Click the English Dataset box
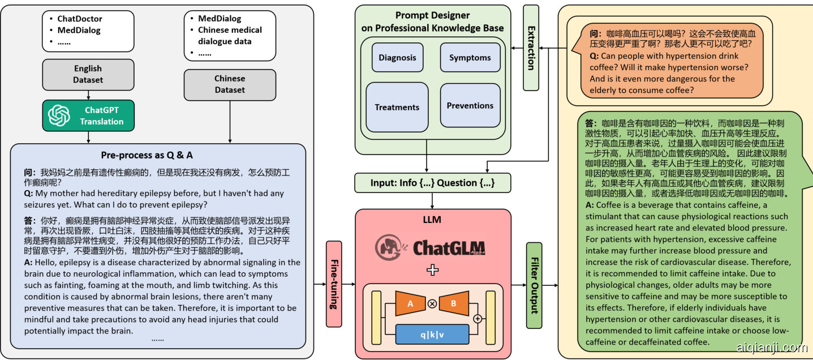[x=88, y=74]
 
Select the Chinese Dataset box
[x=230, y=84]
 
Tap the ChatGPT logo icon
[x=59, y=115]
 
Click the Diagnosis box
[x=397, y=57]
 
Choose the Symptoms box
[x=470, y=57]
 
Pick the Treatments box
[x=397, y=107]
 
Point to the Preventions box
[x=470, y=105]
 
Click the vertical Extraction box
[x=531, y=48]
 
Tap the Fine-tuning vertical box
[x=334, y=284]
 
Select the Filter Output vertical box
[x=534, y=285]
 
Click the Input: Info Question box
[x=432, y=183]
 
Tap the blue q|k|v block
[x=432, y=334]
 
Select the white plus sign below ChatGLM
[x=432, y=269]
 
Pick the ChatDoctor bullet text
[x=80, y=19]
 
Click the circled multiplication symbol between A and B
[x=432, y=303]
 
